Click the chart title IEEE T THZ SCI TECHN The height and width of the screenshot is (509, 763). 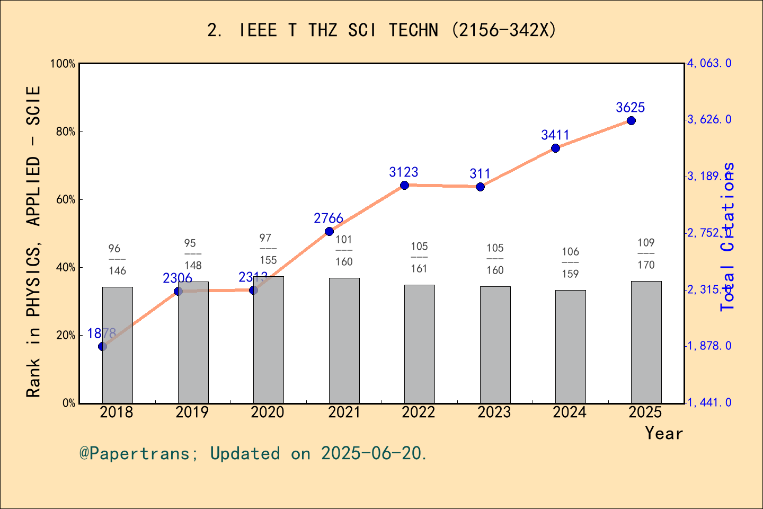(381, 30)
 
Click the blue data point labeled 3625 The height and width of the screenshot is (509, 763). (631, 121)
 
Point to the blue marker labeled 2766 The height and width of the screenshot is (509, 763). (329, 231)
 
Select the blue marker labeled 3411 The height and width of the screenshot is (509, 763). (555, 148)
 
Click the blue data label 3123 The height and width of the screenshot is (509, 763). (403, 172)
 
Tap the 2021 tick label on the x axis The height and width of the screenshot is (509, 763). (343, 413)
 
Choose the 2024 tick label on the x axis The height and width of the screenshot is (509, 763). (570, 413)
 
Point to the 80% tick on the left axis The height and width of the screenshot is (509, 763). (66, 131)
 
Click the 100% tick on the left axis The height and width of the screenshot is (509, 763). (63, 64)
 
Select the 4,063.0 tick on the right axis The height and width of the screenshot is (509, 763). (709, 64)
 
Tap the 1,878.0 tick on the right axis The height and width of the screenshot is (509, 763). (709, 346)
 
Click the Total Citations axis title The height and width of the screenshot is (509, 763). (728, 236)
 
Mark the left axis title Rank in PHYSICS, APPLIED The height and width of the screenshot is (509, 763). (33, 241)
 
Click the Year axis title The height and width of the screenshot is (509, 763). (663, 433)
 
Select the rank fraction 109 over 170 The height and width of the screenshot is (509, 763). (646, 254)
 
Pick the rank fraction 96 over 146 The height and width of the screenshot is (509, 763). (117, 260)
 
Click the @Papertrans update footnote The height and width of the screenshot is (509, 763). (253, 453)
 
